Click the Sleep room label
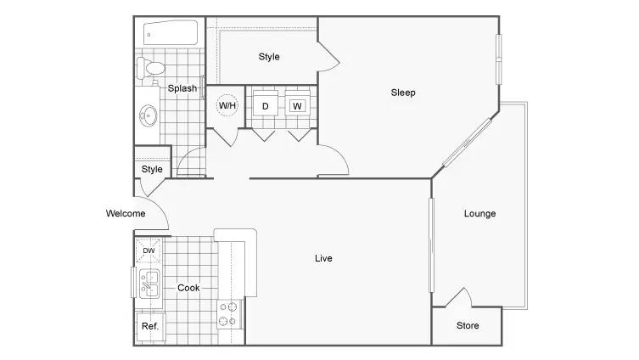(x=403, y=93)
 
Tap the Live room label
(x=323, y=258)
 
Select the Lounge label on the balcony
(x=479, y=214)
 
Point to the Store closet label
(x=468, y=325)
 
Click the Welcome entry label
(x=126, y=213)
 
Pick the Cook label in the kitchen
(x=188, y=288)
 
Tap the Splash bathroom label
(x=182, y=88)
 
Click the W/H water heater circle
(x=227, y=105)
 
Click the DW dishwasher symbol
(x=149, y=250)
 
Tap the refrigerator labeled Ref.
(x=150, y=327)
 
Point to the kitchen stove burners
(x=227, y=314)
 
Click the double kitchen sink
(x=149, y=284)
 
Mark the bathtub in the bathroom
(x=171, y=32)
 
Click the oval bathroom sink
(x=148, y=115)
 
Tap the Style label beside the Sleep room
(x=269, y=57)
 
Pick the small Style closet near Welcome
(x=152, y=169)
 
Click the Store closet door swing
(x=459, y=297)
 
